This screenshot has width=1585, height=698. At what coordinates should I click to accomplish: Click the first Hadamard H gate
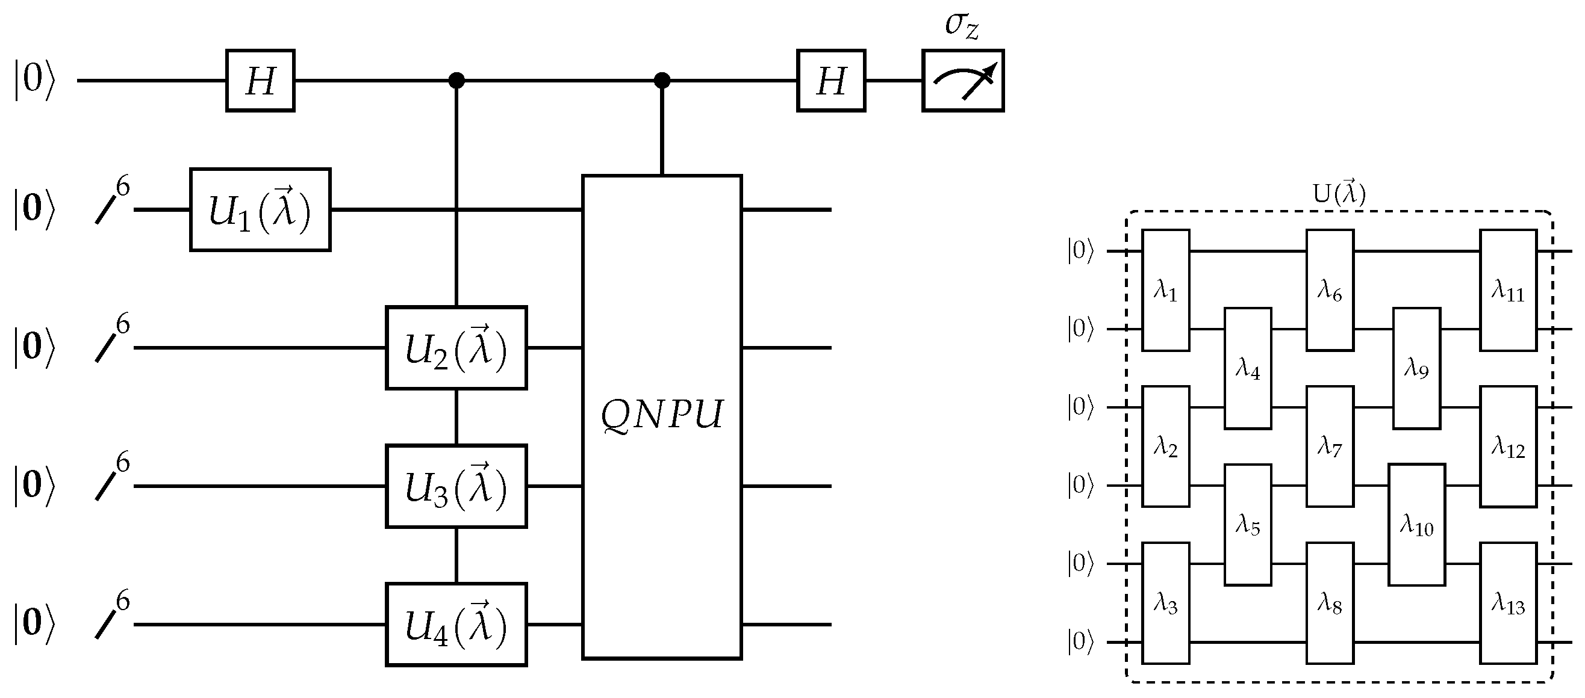tap(260, 81)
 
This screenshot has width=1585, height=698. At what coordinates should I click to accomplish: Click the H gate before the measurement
tap(830, 81)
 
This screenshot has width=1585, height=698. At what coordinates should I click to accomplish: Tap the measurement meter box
tap(962, 81)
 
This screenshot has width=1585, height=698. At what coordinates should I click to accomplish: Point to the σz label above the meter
tap(961, 26)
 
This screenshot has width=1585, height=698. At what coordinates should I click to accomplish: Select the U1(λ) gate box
tap(260, 210)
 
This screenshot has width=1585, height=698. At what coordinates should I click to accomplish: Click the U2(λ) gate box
tap(456, 348)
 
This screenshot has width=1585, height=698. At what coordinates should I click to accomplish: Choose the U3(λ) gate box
tap(456, 486)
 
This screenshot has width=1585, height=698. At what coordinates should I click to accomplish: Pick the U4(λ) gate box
tap(456, 625)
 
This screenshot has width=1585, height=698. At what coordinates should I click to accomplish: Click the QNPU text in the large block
tap(661, 415)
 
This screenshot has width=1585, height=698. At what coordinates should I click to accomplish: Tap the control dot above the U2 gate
tap(456, 81)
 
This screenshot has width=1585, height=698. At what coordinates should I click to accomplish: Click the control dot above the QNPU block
tap(661, 81)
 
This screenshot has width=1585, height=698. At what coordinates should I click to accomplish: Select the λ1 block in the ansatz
tap(1165, 290)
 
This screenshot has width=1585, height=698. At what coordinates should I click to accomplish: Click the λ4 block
tap(1247, 368)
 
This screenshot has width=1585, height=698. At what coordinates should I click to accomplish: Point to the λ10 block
tap(1416, 525)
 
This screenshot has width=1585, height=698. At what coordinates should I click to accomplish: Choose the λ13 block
tap(1507, 603)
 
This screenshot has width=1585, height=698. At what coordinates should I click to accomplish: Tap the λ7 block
tap(1329, 446)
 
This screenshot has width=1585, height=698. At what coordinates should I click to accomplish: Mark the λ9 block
tap(1416, 368)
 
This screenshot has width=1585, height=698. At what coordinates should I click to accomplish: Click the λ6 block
tap(1329, 290)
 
